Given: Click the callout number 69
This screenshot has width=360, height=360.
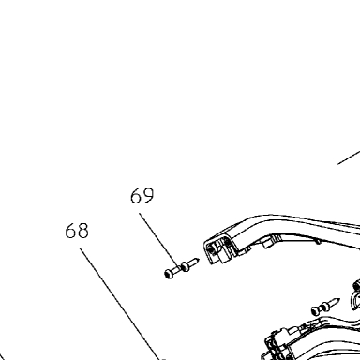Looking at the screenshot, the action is click(x=142, y=196).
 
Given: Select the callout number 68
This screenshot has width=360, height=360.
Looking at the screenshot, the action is click(x=77, y=231).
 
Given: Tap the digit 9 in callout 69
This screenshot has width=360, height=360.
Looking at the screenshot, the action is click(x=148, y=196).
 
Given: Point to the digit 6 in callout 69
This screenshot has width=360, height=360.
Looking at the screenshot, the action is click(x=136, y=196).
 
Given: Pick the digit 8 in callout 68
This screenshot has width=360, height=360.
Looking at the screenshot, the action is click(x=83, y=231).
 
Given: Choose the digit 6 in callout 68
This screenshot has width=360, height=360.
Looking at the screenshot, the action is click(x=70, y=231).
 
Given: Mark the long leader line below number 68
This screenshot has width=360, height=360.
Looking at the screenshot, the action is click(x=120, y=304).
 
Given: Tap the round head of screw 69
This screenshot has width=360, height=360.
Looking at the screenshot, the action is click(x=169, y=274).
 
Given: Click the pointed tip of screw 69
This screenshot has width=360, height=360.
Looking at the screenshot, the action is click(x=198, y=259).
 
